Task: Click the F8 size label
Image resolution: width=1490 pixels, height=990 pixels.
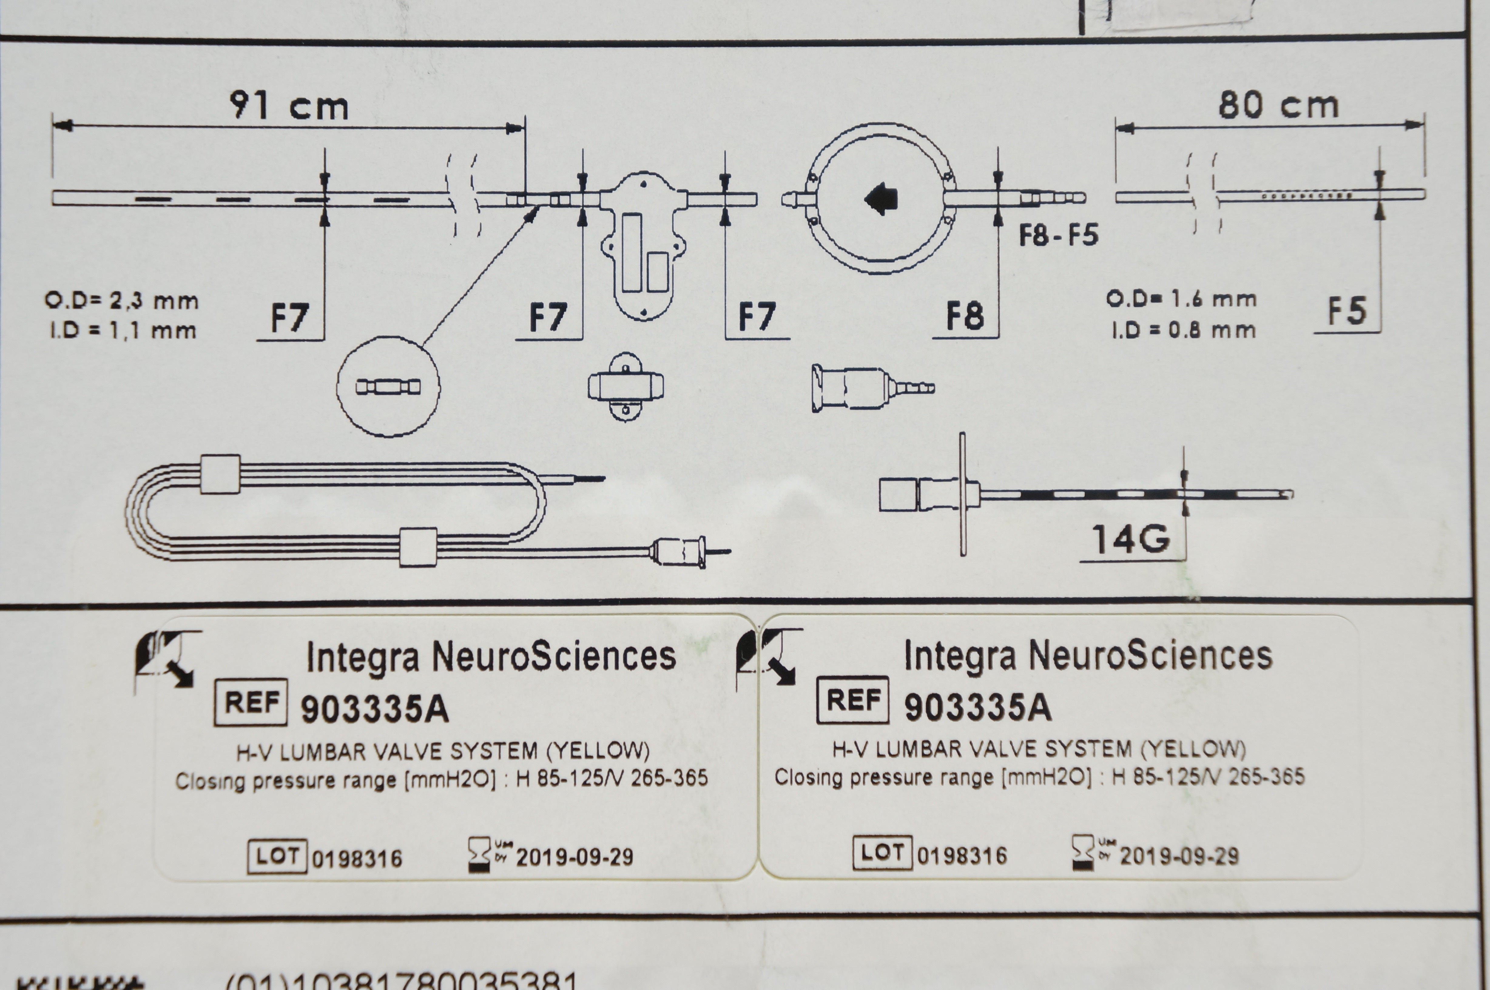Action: (965, 316)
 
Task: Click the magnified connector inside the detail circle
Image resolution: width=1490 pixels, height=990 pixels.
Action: (388, 386)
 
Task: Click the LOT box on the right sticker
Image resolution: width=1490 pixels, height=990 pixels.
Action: (882, 853)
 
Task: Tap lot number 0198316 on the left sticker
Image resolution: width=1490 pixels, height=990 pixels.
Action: (357, 859)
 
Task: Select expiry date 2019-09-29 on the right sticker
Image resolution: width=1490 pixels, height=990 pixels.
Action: (1179, 856)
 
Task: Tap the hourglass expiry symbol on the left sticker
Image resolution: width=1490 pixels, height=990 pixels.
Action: (479, 856)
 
